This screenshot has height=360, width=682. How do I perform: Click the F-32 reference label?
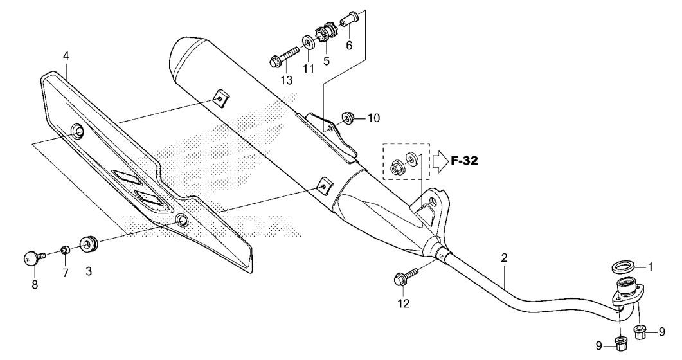click(x=464, y=161)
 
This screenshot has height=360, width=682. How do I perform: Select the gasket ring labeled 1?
click(x=623, y=266)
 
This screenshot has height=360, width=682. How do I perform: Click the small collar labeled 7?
click(x=65, y=249)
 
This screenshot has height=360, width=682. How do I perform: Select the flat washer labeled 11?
click(x=309, y=44)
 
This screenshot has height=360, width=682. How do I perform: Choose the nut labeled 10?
click(x=348, y=118)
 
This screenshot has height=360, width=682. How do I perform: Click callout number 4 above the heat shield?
click(x=66, y=56)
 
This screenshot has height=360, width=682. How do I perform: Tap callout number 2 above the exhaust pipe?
click(x=504, y=257)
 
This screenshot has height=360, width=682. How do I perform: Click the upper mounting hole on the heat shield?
click(x=77, y=130)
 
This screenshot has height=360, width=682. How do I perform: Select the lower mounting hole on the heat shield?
click(x=182, y=220)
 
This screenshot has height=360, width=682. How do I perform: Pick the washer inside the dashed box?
click(x=412, y=157)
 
